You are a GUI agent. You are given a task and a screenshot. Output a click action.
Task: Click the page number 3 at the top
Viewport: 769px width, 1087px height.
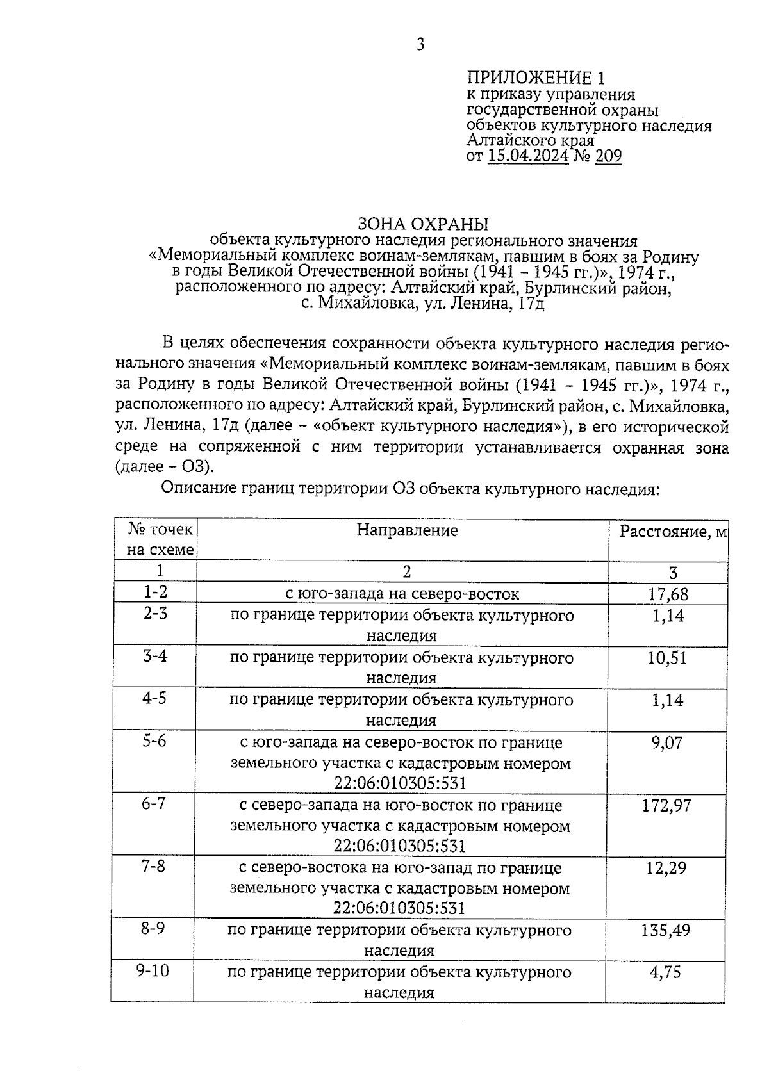(x=420, y=44)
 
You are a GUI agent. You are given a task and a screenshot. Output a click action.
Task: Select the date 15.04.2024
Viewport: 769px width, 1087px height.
(x=528, y=156)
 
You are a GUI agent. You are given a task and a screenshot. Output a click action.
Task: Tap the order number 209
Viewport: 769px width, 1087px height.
(x=608, y=156)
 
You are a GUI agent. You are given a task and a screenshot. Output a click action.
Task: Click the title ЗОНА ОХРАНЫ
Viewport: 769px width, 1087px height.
(x=423, y=224)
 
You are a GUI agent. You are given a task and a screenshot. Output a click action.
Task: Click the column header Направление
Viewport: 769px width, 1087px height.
(x=407, y=530)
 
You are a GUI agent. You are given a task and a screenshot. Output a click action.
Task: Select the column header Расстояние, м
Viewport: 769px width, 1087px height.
(x=672, y=532)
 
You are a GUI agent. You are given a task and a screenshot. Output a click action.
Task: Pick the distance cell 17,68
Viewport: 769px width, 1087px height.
(x=668, y=594)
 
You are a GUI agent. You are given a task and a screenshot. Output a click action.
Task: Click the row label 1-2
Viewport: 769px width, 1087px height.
(x=154, y=593)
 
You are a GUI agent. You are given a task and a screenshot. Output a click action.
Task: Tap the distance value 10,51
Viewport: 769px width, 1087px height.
(x=667, y=658)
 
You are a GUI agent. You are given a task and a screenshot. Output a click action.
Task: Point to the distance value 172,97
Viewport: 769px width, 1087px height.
(x=666, y=805)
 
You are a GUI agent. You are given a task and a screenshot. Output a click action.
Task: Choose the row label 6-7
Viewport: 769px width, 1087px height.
(x=154, y=803)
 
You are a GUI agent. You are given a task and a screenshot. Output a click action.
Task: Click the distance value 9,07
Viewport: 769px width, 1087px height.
(x=667, y=743)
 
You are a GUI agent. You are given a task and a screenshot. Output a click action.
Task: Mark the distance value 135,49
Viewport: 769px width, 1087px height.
(x=666, y=930)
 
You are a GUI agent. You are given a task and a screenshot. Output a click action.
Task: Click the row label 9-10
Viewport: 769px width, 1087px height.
(x=153, y=970)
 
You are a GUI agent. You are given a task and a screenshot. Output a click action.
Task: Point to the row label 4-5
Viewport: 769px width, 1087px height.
(x=154, y=698)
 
